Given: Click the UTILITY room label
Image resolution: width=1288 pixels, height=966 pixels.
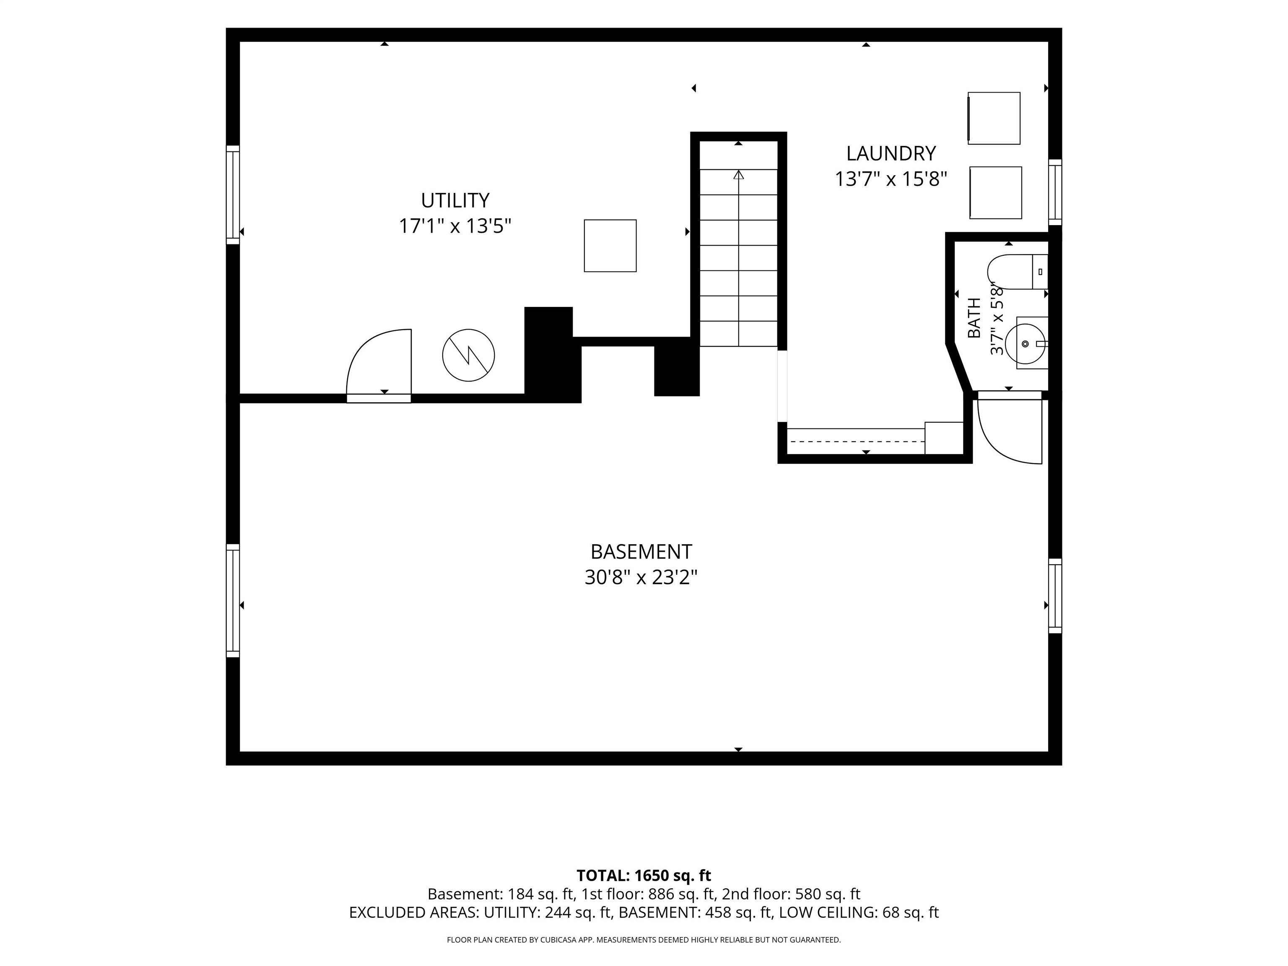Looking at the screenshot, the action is [x=455, y=200].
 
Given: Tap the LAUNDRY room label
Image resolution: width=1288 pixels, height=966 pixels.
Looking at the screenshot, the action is [x=891, y=154].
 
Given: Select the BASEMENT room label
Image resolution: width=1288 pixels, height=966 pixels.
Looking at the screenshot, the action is [x=641, y=551].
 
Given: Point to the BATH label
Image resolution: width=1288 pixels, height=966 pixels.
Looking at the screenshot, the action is [x=974, y=318].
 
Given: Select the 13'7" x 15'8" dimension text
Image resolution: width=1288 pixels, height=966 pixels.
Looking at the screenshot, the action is [x=891, y=179].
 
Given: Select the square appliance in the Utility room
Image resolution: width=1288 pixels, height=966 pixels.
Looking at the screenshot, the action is [x=610, y=246].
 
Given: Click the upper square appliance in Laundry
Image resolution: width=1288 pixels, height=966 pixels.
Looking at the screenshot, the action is [x=994, y=118].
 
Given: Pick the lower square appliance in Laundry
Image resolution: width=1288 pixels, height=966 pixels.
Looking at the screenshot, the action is [x=996, y=193].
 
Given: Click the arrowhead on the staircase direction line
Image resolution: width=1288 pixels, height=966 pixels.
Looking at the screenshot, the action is [x=739, y=174].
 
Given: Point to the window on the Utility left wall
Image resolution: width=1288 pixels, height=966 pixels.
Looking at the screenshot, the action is [x=233, y=195].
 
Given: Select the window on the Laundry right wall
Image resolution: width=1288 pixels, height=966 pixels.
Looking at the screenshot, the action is [x=1055, y=192].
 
